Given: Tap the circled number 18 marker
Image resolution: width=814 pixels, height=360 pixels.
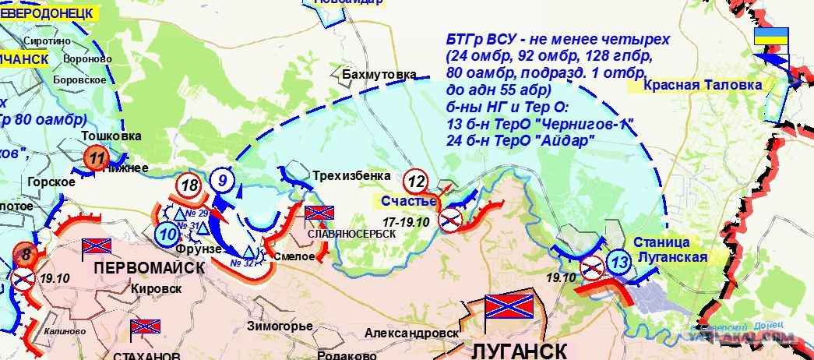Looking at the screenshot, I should [189, 185].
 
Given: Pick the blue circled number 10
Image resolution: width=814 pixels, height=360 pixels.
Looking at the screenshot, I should [165, 231].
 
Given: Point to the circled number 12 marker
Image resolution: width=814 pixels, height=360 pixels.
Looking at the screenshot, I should [418, 182].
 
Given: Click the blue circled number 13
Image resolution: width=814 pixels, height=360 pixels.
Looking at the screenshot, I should [620, 262].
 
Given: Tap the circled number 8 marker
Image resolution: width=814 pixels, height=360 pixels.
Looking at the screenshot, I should [26, 253].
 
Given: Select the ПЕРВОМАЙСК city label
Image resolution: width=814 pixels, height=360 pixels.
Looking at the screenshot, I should [150, 266].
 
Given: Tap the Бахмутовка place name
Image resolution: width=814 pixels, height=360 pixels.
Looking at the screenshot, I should [379, 74].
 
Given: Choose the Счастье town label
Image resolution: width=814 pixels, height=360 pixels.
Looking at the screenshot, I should [408, 201].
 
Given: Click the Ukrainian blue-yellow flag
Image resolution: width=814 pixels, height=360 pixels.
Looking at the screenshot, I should [771, 38].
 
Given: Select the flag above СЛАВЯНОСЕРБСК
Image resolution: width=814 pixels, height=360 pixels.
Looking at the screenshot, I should [318, 213].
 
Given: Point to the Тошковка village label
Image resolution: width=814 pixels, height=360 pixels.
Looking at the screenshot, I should [111, 136].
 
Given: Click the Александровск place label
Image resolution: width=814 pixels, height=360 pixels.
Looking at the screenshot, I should [411, 333].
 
